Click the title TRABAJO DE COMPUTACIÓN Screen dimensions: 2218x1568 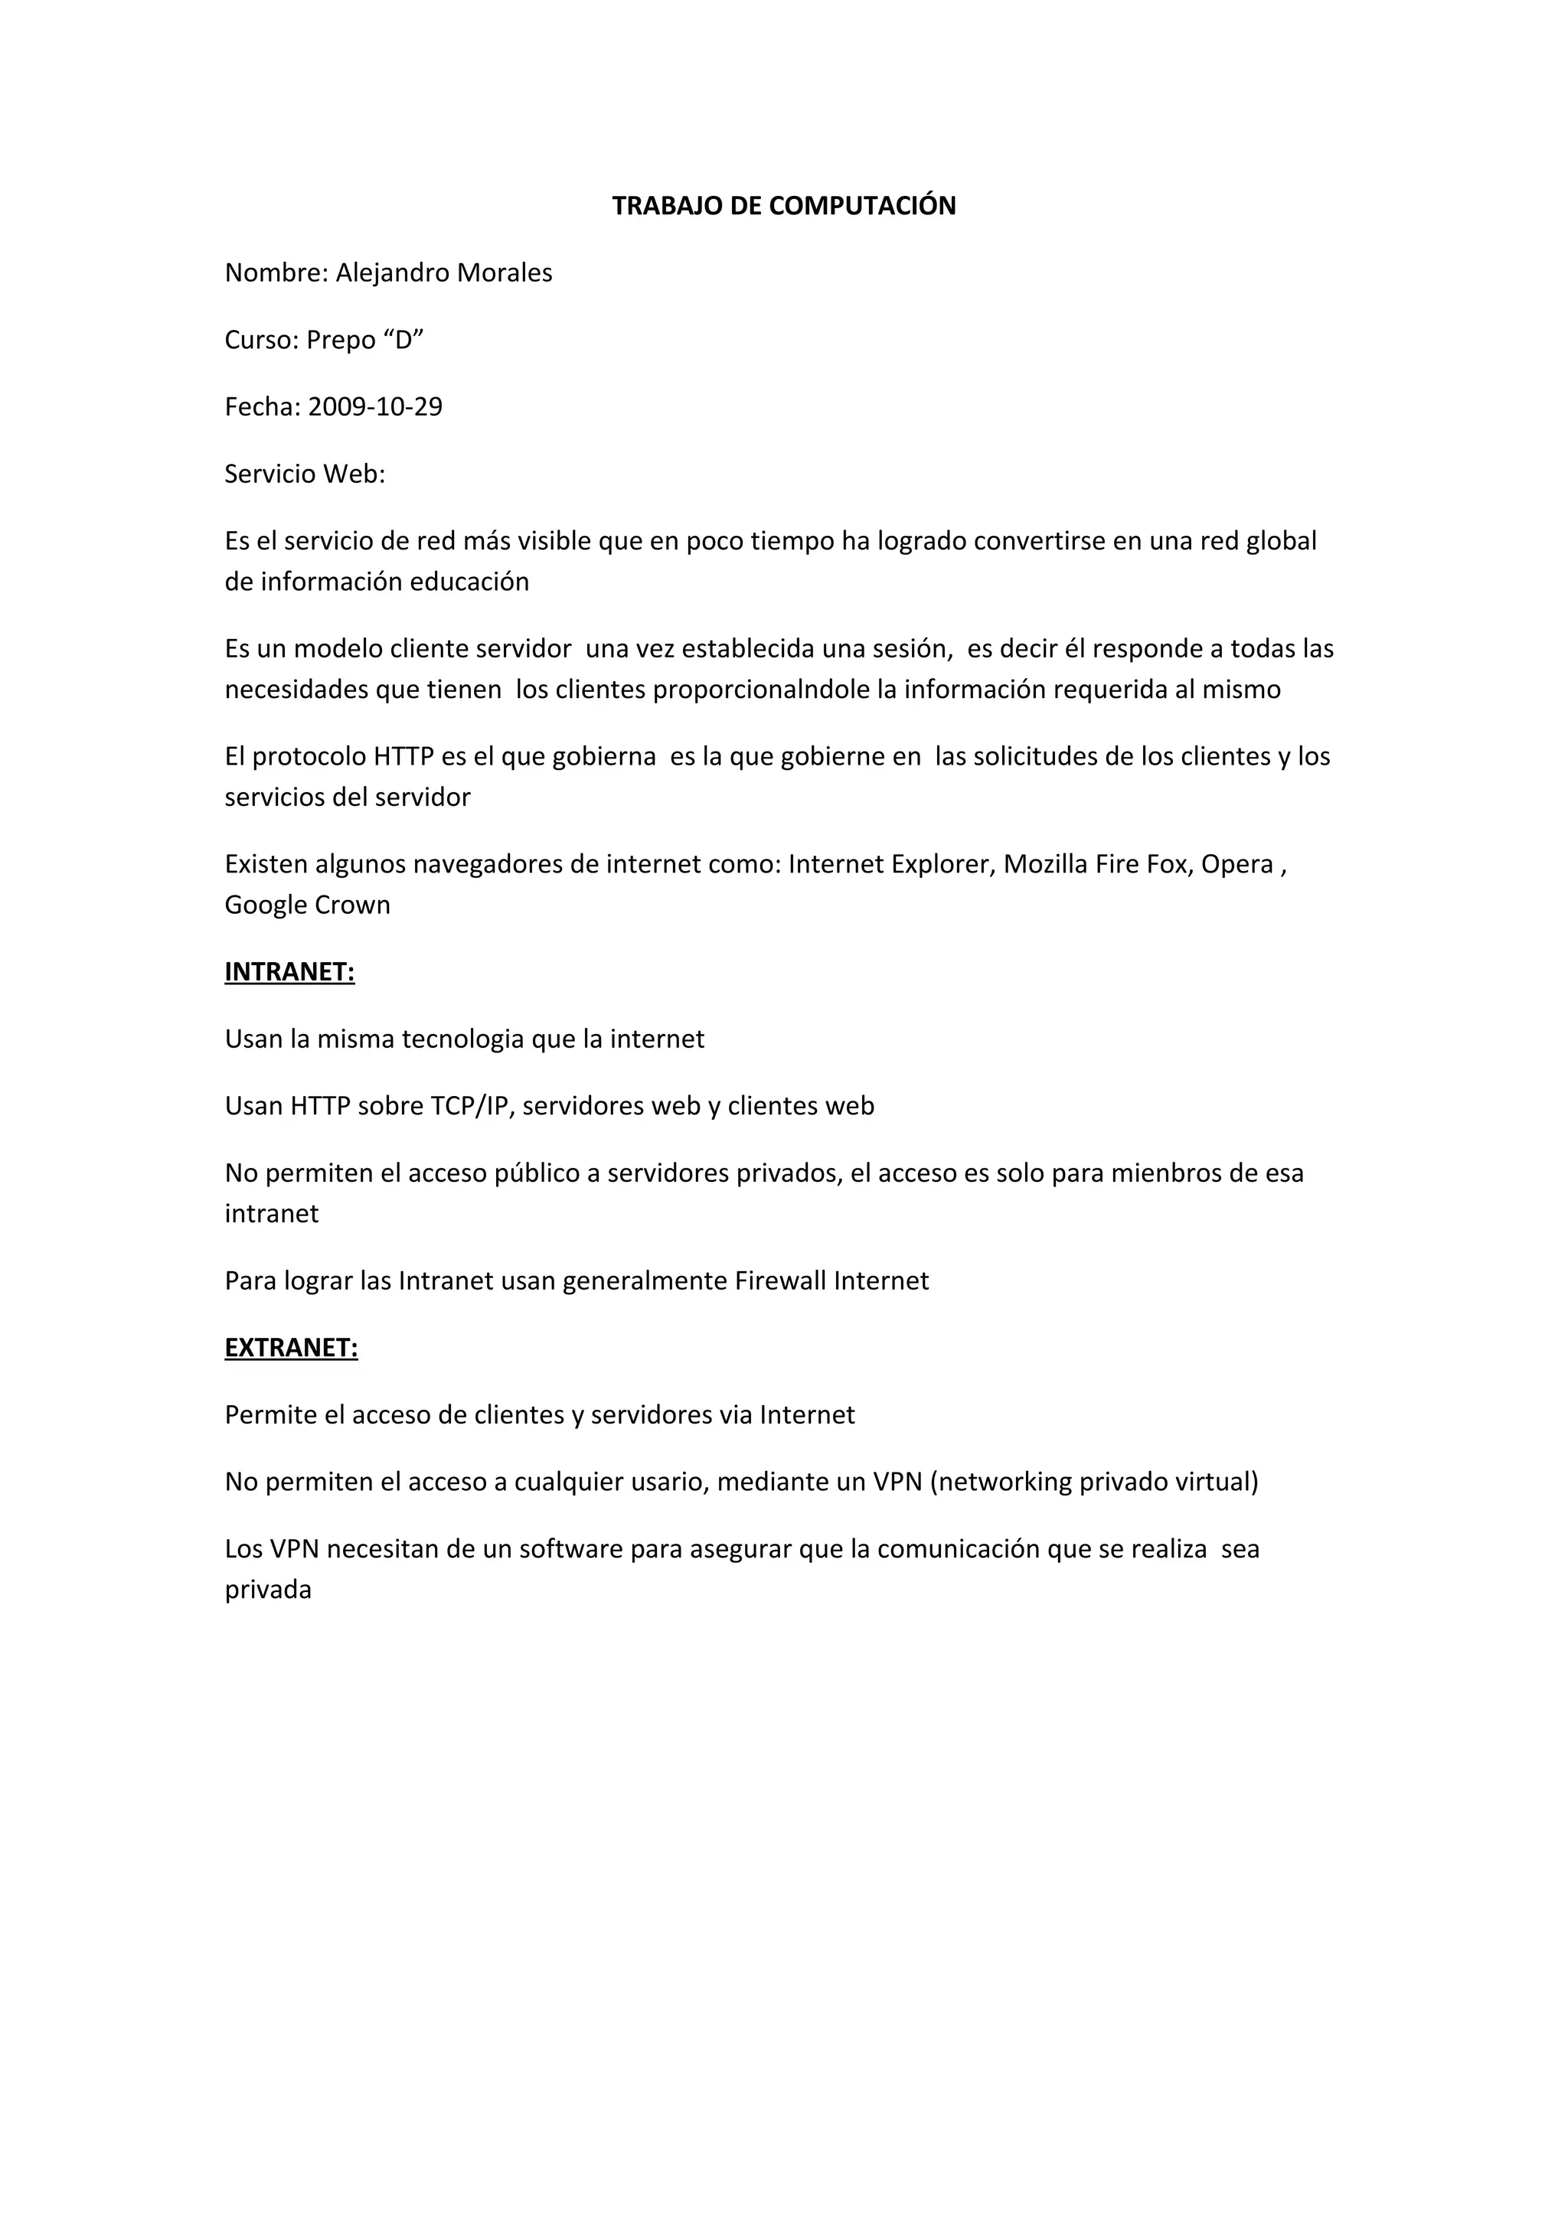(783, 206)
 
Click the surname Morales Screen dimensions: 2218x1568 (505, 273)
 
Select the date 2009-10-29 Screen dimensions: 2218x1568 (375, 406)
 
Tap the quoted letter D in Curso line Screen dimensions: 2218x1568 (403, 340)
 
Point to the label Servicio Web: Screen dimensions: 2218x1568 (304, 475)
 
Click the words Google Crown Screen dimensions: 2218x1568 (307, 905)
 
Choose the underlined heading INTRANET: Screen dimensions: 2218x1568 (290, 972)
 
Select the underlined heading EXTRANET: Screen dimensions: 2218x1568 (291, 1348)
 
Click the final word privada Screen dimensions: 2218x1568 (268, 1590)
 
